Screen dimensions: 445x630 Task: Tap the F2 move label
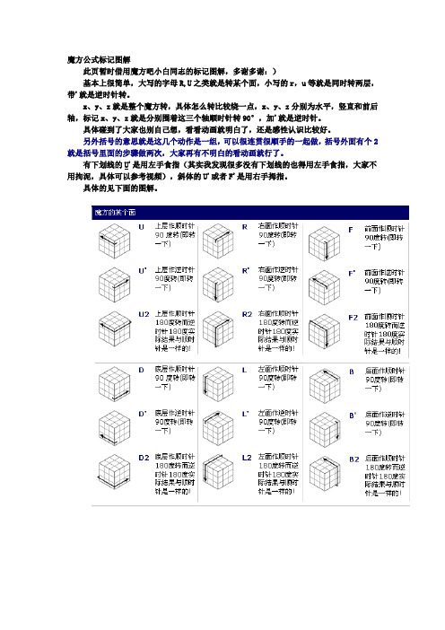[353, 316]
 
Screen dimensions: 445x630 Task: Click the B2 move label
[353, 458]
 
